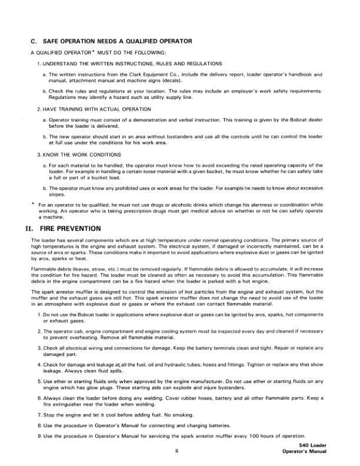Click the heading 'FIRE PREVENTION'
[x=72, y=228]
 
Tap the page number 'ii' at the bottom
[x=176, y=452]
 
